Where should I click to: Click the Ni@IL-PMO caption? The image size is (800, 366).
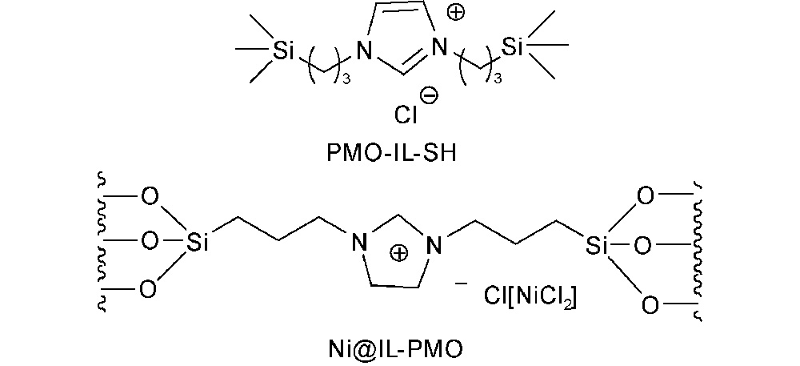pyautogui.click(x=395, y=350)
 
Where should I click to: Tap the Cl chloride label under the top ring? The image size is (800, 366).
pyautogui.click(x=406, y=115)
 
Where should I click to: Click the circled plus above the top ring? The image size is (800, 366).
pyautogui.click(x=457, y=14)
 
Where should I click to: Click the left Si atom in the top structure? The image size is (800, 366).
pyautogui.click(x=283, y=50)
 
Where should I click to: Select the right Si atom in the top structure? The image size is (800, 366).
pyautogui.click(x=514, y=46)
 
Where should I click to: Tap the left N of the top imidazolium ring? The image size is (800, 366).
pyautogui.click(x=364, y=51)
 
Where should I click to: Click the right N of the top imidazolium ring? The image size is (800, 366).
pyautogui.click(x=439, y=49)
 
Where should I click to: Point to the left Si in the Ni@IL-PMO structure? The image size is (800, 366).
pyautogui.click(x=197, y=243)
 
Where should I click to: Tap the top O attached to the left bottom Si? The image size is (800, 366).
pyautogui.click(x=150, y=197)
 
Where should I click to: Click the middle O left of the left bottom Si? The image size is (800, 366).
pyautogui.click(x=150, y=241)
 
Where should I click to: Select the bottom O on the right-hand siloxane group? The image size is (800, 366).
pyautogui.click(x=650, y=305)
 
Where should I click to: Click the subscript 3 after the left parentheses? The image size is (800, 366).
pyautogui.click(x=346, y=81)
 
